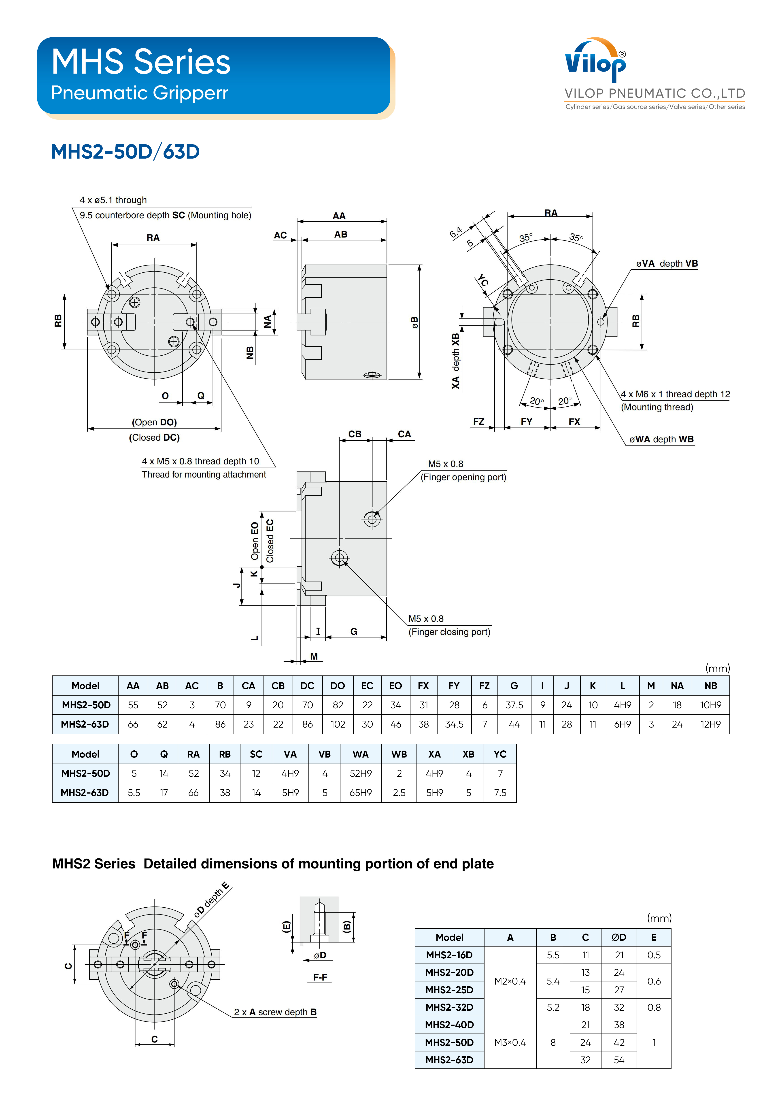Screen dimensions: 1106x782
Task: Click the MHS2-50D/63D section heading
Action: pyautogui.click(x=125, y=152)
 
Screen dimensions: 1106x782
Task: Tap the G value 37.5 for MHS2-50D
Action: pyautogui.click(x=514, y=705)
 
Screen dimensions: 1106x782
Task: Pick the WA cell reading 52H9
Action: pyautogui.click(x=360, y=773)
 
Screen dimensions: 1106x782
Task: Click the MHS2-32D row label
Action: pyautogui.click(x=449, y=1007)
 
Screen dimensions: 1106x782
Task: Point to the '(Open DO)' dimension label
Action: pyautogui.click(x=154, y=422)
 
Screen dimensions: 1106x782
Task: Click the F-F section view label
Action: pyautogui.click(x=320, y=977)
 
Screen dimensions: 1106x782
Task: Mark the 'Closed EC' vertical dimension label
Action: pyautogui.click(x=270, y=541)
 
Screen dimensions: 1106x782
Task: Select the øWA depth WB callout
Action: pyautogui.click(x=661, y=439)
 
